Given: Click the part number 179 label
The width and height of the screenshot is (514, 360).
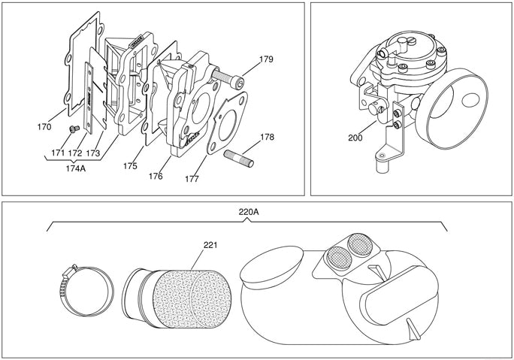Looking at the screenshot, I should click(x=266, y=59).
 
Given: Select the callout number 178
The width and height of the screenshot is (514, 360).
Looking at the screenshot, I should click(x=267, y=138).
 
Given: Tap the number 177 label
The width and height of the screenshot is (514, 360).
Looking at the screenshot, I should click(x=192, y=180).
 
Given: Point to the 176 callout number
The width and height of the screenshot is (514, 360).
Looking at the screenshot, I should click(x=156, y=176).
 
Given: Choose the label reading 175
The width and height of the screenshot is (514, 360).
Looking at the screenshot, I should click(x=130, y=166).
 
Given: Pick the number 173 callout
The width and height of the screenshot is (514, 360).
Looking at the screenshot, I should click(x=94, y=153).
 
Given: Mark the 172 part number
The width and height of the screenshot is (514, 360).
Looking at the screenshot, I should click(x=75, y=153).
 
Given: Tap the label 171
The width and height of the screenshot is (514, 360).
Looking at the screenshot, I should click(x=58, y=153).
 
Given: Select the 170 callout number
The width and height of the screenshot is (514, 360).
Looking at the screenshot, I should click(x=44, y=127).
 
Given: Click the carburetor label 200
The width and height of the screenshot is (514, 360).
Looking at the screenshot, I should click(x=355, y=138).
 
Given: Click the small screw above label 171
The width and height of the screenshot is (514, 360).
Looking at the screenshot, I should click(x=70, y=130).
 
